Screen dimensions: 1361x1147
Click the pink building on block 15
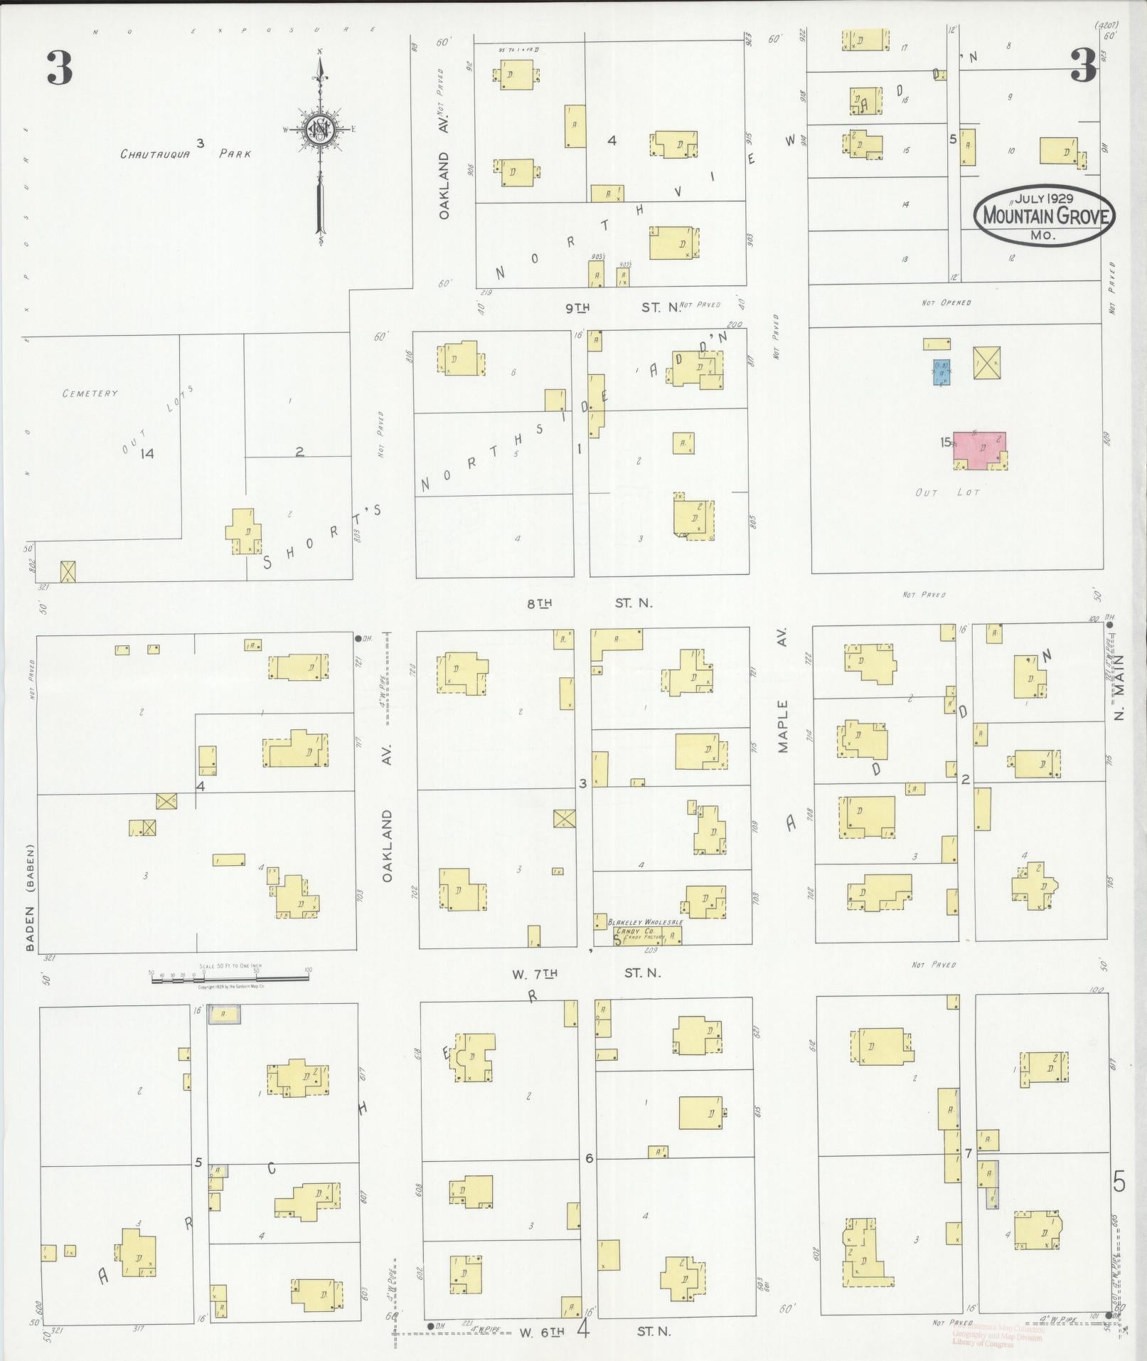tap(981, 450)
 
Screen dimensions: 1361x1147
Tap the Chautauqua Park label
tap(186, 153)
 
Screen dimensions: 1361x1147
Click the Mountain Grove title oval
tap(1043, 214)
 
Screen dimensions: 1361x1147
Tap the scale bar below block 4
tap(229, 980)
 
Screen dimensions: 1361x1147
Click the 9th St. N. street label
tap(612, 307)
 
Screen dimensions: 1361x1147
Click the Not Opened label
tap(946, 302)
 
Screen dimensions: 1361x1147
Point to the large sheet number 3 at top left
tap(60, 68)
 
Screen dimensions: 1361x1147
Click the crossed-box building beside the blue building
tap(986, 363)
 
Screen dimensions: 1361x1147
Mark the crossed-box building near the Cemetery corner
tap(68, 572)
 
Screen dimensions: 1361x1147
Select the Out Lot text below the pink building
tap(947, 492)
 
